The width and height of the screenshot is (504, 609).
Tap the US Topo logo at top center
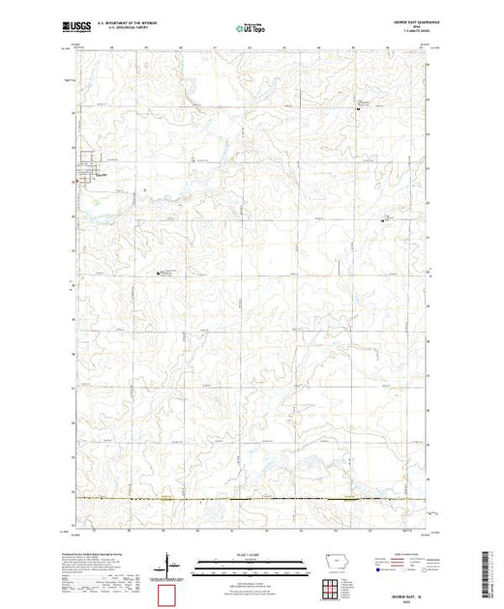(x=252, y=28)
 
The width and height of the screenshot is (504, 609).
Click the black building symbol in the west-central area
(x=159, y=275)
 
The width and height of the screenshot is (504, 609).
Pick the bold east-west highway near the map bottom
(x=252, y=499)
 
